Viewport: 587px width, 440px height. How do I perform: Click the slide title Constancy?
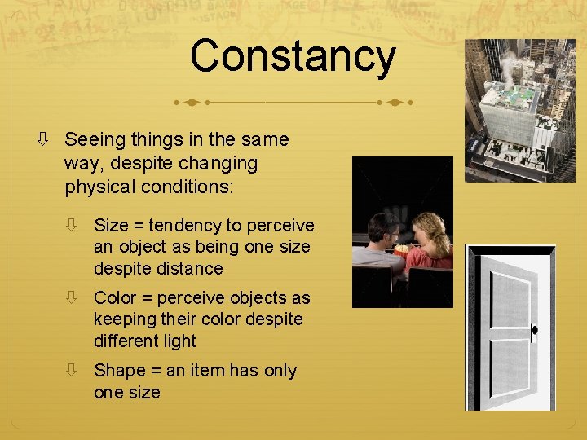[x=293, y=56]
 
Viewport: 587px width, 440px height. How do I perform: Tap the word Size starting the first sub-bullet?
[x=110, y=226]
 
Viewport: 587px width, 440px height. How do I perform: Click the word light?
[x=179, y=341]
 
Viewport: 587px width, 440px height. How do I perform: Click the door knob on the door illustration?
[x=535, y=331]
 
